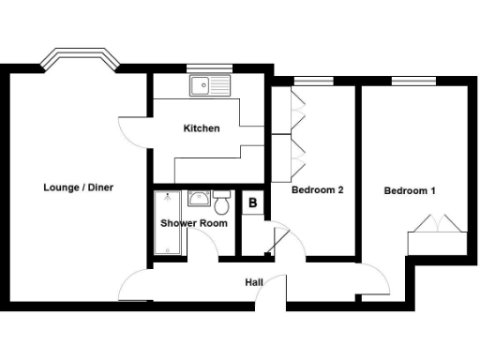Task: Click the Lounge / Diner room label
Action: click(79, 187)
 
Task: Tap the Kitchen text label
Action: click(202, 128)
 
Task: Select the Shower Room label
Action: click(194, 224)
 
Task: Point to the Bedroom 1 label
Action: click(410, 191)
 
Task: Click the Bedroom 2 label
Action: click(317, 191)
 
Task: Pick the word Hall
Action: click(254, 282)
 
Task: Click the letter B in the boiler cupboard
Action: click(252, 202)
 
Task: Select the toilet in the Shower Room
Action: click(222, 203)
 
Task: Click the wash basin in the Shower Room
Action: click(199, 200)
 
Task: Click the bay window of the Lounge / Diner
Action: click(80, 58)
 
